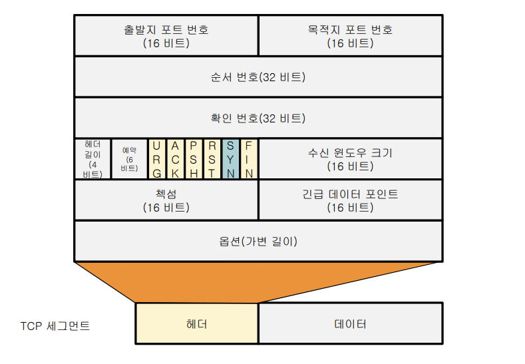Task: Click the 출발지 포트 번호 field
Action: [x=166, y=36]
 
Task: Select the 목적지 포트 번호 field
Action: [x=350, y=36]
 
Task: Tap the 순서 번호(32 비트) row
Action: [x=258, y=77]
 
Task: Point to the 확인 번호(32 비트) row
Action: [x=258, y=118]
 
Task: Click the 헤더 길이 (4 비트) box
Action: [x=92, y=159]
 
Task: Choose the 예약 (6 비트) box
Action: [x=129, y=159]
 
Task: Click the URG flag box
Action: [x=156, y=159]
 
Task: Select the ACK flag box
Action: [x=175, y=159]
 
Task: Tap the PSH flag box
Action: [x=193, y=159]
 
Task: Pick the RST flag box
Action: [x=212, y=159]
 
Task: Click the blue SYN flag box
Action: [x=230, y=159]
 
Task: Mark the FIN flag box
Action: [x=249, y=159]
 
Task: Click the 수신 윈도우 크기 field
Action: [x=350, y=159]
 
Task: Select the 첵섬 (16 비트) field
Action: [x=166, y=200]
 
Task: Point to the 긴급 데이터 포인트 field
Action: [x=350, y=200]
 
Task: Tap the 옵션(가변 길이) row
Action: [x=258, y=241]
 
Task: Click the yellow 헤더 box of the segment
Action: [x=197, y=324]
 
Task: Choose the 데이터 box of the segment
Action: [x=350, y=324]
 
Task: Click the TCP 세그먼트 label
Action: [x=55, y=326]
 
